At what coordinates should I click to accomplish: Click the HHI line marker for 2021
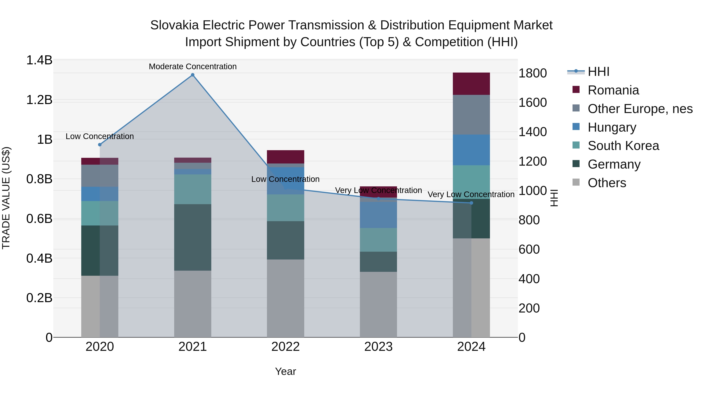tap(193, 75)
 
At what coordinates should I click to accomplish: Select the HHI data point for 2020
tap(100, 145)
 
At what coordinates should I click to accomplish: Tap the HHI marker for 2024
tap(471, 203)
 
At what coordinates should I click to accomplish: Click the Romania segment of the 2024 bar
tap(471, 84)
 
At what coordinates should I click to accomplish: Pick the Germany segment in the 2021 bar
tap(193, 237)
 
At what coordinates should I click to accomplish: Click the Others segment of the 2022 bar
tap(285, 298)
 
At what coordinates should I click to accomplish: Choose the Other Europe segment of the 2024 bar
tap(471, 115)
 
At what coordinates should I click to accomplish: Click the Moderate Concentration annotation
tap(193, 66)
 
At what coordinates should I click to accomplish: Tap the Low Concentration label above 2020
tap(100, 136)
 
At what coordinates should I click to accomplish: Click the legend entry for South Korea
tap(623, 146)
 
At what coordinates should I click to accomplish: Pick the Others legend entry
tap(607, 183)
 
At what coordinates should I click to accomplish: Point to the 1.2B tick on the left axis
tap(39, 100)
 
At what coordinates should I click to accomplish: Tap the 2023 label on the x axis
tap(378, 347)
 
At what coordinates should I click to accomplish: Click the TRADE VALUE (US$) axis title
tap(6, 198)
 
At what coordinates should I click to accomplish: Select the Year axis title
tap(285, 371)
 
